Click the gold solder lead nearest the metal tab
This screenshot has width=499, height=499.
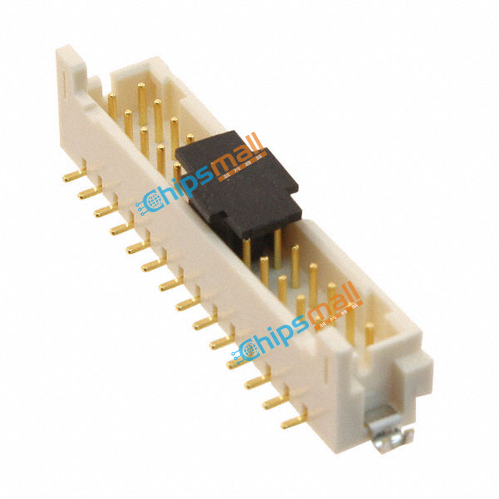(x=293, y=422)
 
